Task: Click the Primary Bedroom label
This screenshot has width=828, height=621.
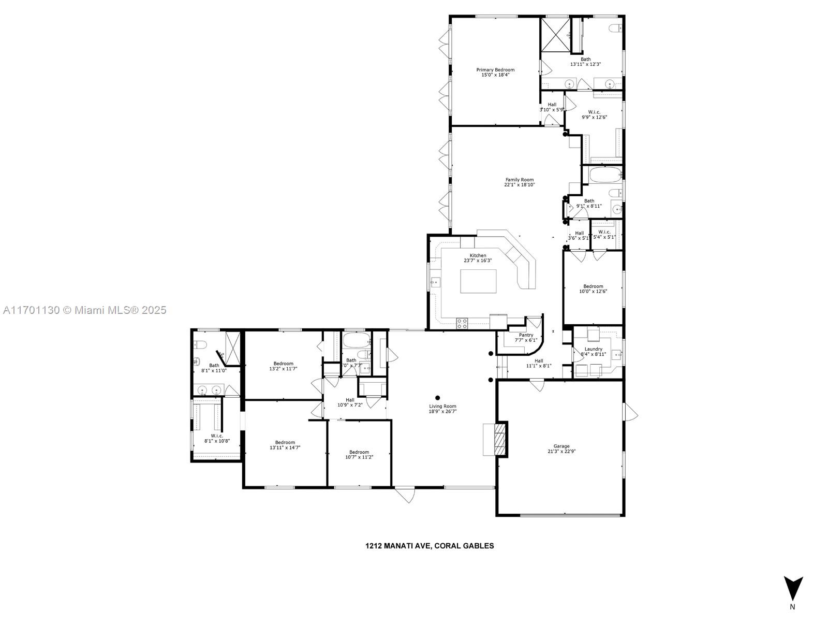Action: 495,70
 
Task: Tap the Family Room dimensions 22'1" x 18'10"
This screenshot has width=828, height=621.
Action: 520,185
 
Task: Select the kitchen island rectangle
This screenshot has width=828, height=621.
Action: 478,281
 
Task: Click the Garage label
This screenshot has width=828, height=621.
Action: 561,446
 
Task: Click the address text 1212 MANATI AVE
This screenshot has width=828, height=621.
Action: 398,545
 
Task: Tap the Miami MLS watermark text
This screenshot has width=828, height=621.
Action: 85,310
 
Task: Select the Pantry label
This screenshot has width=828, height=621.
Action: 526,335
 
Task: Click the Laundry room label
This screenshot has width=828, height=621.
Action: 593,349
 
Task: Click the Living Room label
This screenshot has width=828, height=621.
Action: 442,407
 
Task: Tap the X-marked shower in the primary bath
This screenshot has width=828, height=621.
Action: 555,35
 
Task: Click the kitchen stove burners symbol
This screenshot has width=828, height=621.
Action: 462,324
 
